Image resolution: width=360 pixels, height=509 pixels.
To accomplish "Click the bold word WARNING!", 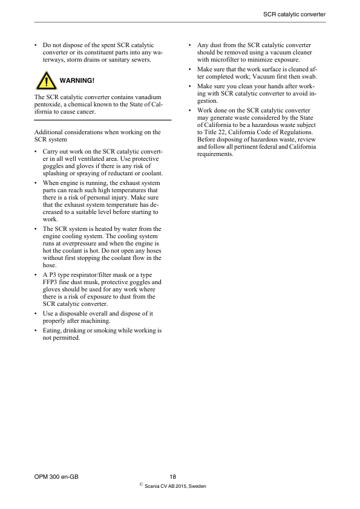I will (77, 80).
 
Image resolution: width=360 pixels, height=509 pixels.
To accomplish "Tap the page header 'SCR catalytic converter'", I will (295, 14).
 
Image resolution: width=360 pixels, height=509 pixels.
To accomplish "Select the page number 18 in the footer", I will (173, 477).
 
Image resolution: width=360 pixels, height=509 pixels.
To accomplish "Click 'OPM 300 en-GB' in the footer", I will (57, 477).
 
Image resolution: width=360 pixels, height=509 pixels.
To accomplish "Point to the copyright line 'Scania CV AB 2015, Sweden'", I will (176, 486).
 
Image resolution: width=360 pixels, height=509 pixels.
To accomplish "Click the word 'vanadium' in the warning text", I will (146, 97).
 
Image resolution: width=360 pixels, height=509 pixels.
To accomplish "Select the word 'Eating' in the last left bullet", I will (52, 330).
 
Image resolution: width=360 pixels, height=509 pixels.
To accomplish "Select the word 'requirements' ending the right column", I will (215, 154).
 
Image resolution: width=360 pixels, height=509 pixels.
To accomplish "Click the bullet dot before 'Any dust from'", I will (191, 45).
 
